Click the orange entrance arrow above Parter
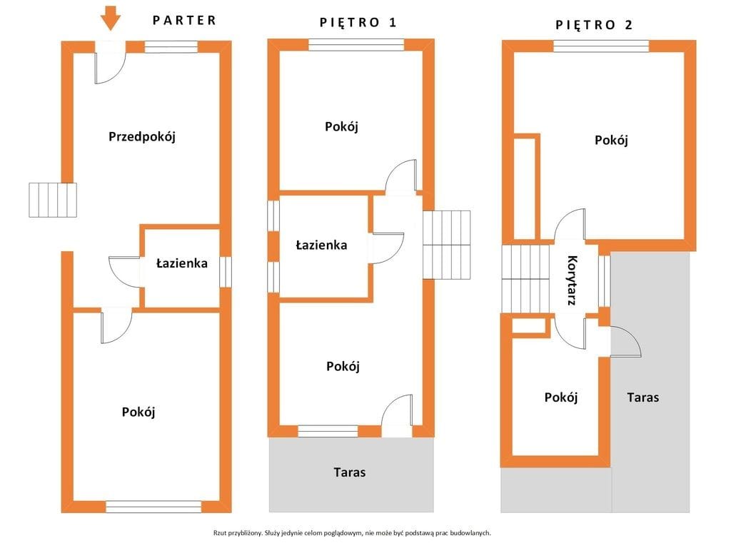click(111, 18)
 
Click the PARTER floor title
click(185, 21)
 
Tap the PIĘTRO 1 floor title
click(358, 22)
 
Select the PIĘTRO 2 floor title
click(593, 25)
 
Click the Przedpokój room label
click(142, 136)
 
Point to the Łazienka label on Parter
click(182, 263)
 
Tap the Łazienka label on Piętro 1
click(322, 245)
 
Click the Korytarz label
click(573, 280)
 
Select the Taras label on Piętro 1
click(350, 472)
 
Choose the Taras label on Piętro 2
click(643, 397)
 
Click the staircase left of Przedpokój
click(53, 200)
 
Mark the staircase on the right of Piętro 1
click(447, 245)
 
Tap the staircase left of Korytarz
click(526, 279)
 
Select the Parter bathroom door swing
click(124, 272)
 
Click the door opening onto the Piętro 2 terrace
click(625, 342)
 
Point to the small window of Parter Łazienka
click(226, 272)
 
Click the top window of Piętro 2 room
click(601, 46)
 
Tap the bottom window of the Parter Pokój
click(154, 507)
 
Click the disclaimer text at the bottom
click(352, 532)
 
